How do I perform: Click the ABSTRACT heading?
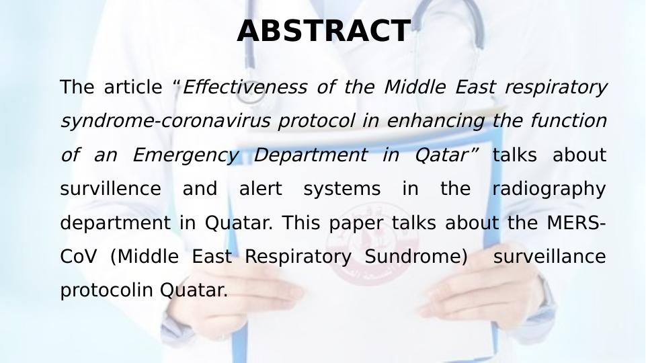[323, 31]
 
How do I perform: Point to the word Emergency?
[186, 155]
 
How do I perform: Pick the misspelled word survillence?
[110, 189]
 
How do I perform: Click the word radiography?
[549, 189]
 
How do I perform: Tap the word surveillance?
[549, 257]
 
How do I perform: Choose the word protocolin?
[108, 290]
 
